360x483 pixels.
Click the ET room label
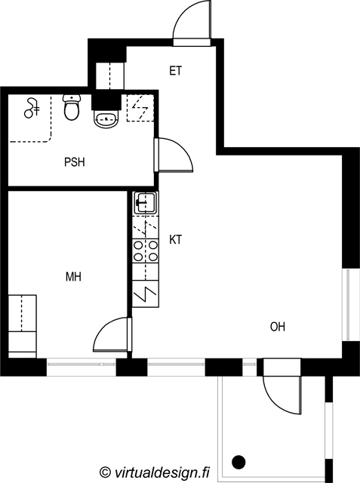tap(176, 71)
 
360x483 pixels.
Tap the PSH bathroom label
tap(75, 162)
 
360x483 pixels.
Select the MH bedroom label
tap(74, 277)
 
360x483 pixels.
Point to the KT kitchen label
tap(176, 239)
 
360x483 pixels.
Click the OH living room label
tap(278, 327)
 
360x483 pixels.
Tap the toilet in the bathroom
tap(72, 107)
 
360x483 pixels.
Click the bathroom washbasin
tap(106, 118)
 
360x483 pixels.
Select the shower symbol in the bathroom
tap(31, 108)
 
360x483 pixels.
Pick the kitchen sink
tap(146, 203)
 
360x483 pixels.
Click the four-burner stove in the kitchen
tap(146, 251)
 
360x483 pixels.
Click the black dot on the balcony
tap(238, 462)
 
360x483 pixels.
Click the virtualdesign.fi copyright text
tap(155, 472)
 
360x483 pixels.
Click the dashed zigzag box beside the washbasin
tap(140, 108)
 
